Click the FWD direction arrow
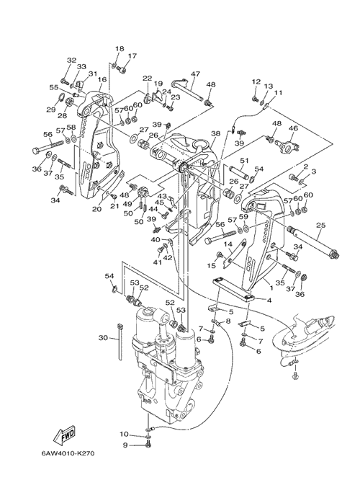click(64, 435)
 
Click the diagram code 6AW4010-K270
click(68, 453)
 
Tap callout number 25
click(320, 226)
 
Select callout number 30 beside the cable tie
click(103, 338)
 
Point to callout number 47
click(195, 74)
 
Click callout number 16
click(102, 79)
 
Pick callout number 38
click(216, 134)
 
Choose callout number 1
click(271, 288)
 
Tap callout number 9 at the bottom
click(125, 445)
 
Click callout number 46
click(293, 128)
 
